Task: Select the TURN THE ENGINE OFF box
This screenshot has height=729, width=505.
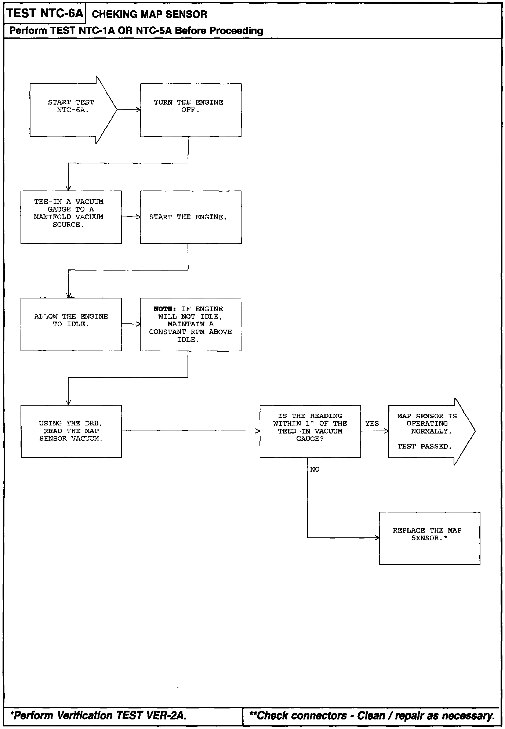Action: tap(190, 110)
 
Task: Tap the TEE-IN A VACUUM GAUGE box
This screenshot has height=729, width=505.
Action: tap(71, 217)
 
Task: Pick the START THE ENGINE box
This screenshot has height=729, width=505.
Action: tap(190, 217)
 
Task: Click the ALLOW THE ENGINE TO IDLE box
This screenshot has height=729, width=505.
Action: tap(71, 324)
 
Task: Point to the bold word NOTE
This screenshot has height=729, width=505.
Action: tap(164, 309)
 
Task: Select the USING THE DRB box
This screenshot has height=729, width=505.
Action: tap(71, 431)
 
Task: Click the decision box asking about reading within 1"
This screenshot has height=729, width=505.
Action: tap(310, 431)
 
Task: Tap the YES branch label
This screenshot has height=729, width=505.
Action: tap(372, 424)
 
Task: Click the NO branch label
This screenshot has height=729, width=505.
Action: tap(315, 469)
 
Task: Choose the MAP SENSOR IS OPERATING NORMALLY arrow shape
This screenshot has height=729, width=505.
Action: tap(428, 431)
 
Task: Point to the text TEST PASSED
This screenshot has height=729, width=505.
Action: tap(425, 447)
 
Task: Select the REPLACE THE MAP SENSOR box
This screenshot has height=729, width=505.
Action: tap(429, 538)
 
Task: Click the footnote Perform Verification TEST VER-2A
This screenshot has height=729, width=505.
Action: tap(98, 715)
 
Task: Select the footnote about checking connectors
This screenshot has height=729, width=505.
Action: tap(372, 715)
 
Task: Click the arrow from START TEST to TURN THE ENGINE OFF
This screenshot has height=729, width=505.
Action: tap(128, 110)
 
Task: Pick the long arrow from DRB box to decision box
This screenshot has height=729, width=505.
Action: tap(190, 431)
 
